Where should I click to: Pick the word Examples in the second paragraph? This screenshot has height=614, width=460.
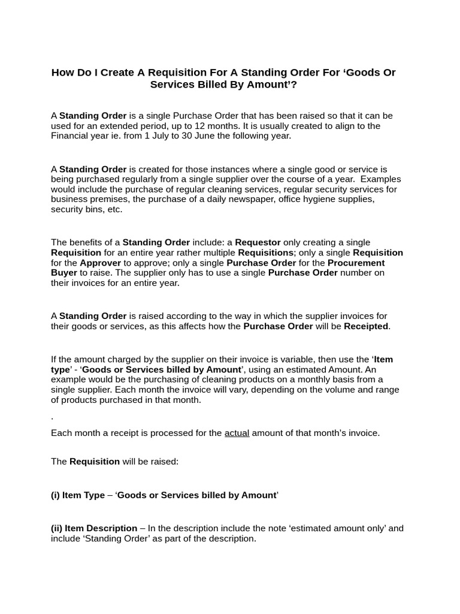[x=381, y=179]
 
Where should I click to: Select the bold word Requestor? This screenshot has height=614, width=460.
[x=258, y=242]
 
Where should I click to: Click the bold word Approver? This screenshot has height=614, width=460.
[x=101, y=263]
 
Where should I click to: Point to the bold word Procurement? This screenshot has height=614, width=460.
[x=356, y=263]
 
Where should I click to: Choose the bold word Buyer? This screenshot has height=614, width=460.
[x=64, y=272]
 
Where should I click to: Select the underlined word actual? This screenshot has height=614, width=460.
[x=237, y=433]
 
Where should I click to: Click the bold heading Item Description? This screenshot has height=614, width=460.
[x=101, y=528]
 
